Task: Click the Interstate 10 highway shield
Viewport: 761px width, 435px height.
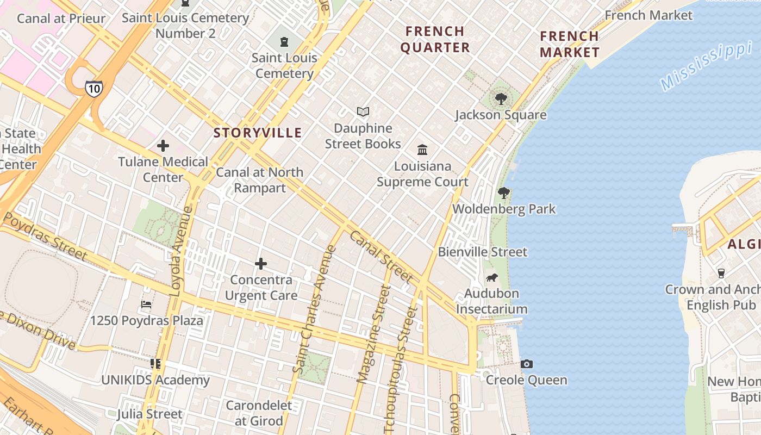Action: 93,88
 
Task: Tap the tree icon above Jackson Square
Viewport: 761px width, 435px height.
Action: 501,99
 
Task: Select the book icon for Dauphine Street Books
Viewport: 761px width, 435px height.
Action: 363,112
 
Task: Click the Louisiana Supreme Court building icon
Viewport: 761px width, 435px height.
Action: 422,150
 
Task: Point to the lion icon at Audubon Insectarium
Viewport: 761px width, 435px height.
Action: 491,278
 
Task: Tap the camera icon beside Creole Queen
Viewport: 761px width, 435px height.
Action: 526,364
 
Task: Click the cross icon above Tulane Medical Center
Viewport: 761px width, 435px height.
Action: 163,146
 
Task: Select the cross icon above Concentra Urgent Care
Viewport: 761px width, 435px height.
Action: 261,264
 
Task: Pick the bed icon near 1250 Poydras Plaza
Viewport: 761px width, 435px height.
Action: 146,304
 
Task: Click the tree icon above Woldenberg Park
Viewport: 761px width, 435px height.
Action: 504,192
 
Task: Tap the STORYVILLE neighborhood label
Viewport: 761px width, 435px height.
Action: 258,133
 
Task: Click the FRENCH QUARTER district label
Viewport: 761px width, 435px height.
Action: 435,39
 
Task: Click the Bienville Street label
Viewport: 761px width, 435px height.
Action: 483,252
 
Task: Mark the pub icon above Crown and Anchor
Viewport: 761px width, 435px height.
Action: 721,272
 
